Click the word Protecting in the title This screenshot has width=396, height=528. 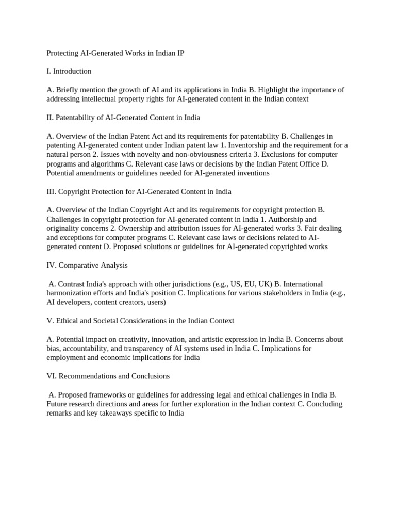pyautogui.click(x=62, y=53)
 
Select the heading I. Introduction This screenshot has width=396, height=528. pyautogui.click(x=69, y=71)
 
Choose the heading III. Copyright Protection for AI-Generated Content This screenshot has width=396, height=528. pyautogui.click(x=139, y=192)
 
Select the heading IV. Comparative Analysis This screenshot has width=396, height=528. pyautogui.click(x=87, y=266)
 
